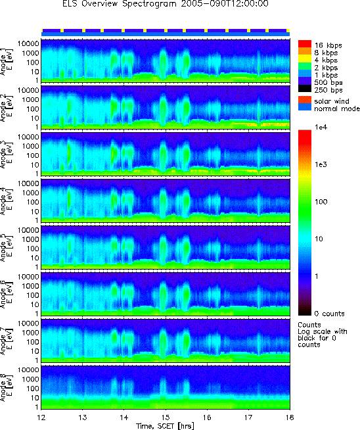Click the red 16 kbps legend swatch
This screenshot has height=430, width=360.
(x=305, y=44)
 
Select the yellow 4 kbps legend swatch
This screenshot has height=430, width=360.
(x=305, y=59)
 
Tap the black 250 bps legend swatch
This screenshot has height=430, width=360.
(x=305, y=89)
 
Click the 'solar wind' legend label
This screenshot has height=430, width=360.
(x=332, y=101)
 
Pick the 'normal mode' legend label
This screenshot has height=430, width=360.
(x=337, y=108)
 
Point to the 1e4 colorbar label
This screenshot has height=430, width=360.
(x=321, y=127)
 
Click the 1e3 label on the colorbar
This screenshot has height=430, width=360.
(x=321, y=164)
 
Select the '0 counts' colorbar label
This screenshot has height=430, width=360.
(x=329, y=314)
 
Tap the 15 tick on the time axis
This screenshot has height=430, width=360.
(x=166, y=418)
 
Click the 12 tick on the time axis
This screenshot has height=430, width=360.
(x=41, y=418)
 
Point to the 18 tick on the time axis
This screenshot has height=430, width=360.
(x=290, y=418)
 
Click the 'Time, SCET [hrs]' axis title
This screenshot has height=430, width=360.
(x=165, y=426)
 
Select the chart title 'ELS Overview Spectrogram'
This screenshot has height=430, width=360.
(x=120, y=4)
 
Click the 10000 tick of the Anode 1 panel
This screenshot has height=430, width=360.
(x=28, y=44)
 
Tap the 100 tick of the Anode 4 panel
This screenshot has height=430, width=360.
(x=32, y=202)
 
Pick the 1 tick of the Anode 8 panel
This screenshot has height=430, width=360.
(x=36, y=407)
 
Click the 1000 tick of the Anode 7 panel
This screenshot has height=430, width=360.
(x=30, y=333)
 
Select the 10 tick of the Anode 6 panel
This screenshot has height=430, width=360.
(x=34, y=304)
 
